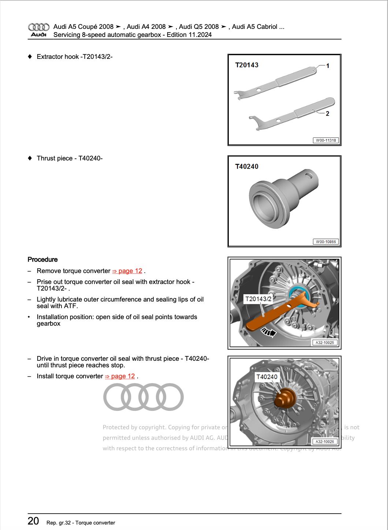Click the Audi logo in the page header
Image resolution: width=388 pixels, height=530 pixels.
click(x=38, y=30)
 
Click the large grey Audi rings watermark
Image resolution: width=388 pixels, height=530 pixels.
click(x=143, y=397)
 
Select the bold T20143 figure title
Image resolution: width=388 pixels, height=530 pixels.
click(x=246, y=65)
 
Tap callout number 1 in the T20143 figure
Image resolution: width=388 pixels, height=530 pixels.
click(x=328, y=66)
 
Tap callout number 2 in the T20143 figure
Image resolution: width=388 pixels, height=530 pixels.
click(x=327, y=114)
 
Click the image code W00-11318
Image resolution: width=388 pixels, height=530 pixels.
click(x=325, y=140)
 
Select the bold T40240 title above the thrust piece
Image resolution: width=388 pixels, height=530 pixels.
click(x=246, y=167)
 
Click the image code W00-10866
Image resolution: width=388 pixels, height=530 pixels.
click(x=325, y=242)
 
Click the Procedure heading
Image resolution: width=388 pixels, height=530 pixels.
click(x=42, y=260)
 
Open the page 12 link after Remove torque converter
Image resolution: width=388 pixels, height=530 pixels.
click(x=127, y=271)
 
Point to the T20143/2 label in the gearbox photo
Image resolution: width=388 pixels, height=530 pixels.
click(x=258, y=299)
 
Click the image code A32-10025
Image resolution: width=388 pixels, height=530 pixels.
click(x=324, y=342)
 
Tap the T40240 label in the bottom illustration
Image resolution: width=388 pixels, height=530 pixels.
click(x=266, y=377)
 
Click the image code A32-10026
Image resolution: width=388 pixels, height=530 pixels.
click(x=324, y=442)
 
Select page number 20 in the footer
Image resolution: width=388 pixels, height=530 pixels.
click(x=33, y=521)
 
